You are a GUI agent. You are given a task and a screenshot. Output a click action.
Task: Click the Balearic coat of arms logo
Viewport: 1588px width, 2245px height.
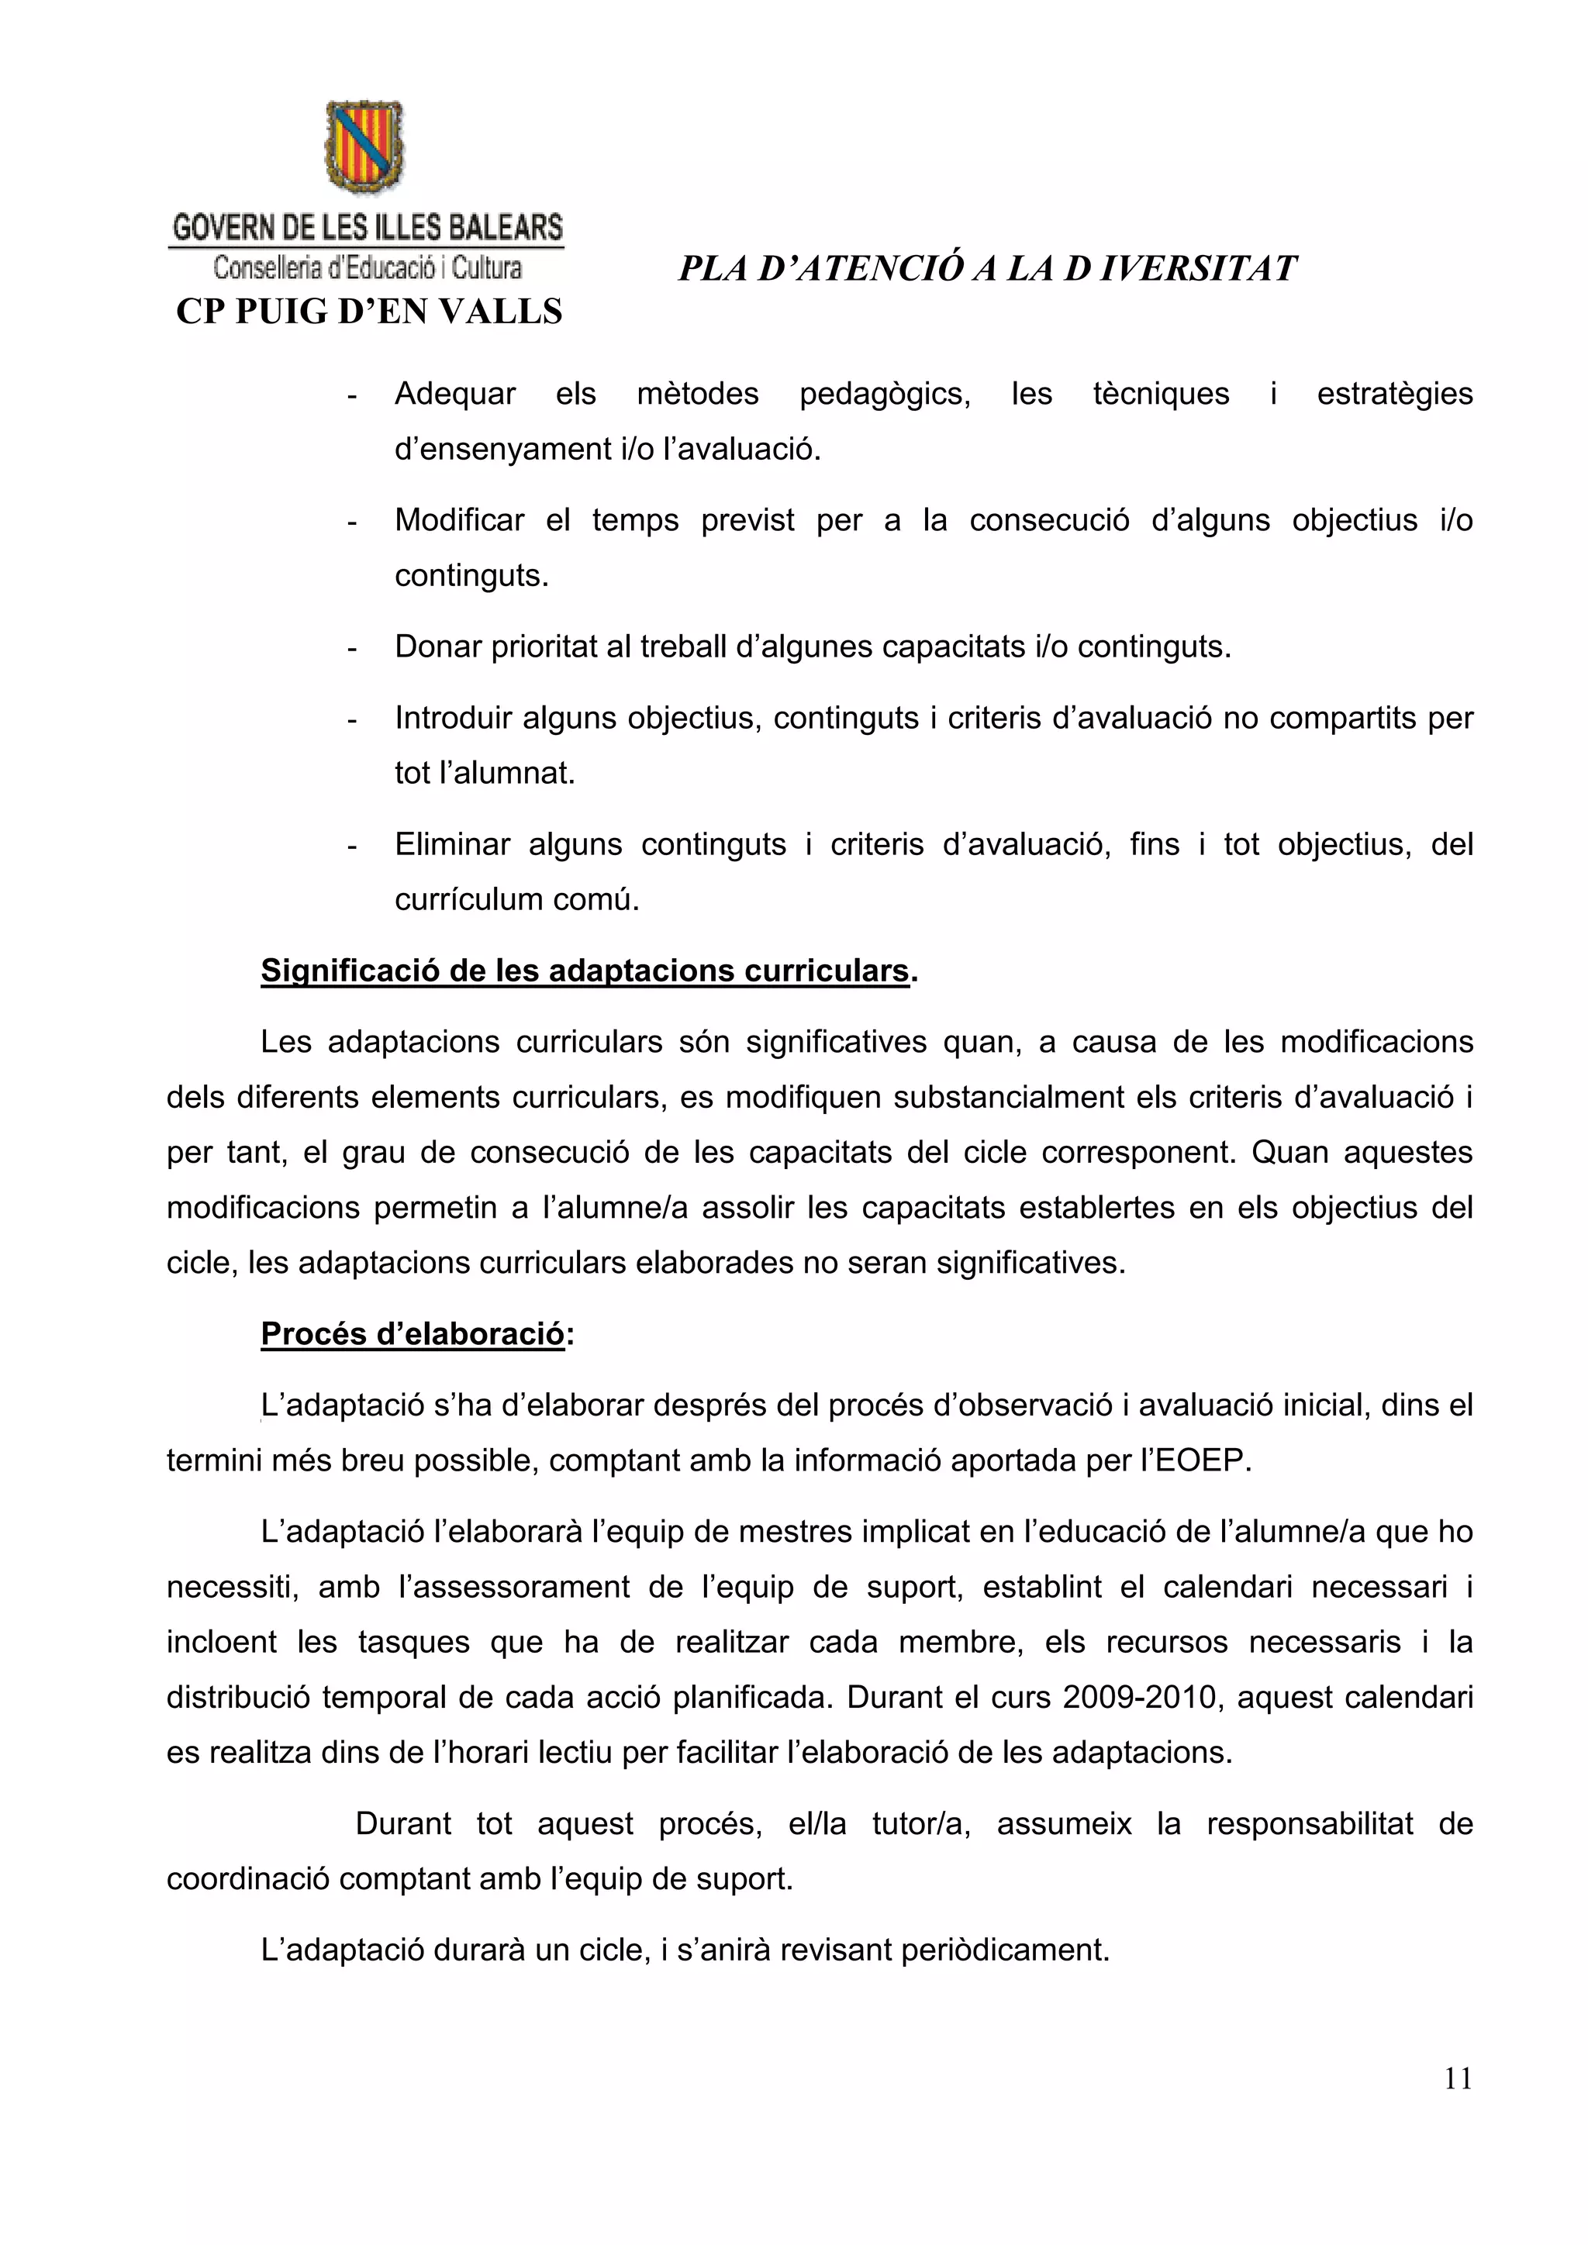click(x=364, y=147)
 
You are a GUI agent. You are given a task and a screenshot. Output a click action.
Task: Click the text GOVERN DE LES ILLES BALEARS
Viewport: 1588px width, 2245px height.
click(x=368, y=228)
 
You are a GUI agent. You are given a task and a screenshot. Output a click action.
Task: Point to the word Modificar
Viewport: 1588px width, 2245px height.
click(x=460, y=520)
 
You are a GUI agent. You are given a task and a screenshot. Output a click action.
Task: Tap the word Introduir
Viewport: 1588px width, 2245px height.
click(x=454, y=719)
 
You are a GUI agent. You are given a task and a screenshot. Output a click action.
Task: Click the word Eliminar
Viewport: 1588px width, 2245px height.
click(x=452, y=845)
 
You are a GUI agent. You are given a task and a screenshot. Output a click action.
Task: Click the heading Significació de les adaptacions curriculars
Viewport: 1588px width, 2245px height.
click(x=585, y=971)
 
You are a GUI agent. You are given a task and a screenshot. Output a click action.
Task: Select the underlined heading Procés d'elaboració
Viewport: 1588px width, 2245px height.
click(x=413, y=1335)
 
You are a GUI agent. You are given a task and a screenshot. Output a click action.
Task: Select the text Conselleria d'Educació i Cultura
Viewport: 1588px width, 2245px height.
click(x=368, y=267)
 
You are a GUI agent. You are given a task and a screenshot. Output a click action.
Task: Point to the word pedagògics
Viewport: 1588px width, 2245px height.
click(x=884, y=394)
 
